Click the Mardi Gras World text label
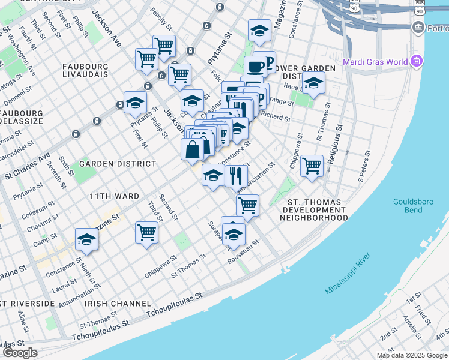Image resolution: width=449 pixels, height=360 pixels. point(375,62)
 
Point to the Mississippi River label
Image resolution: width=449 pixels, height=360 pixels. point(348,274)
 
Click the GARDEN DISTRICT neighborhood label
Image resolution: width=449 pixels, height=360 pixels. point(118,163)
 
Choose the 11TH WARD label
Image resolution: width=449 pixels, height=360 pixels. point(115,196)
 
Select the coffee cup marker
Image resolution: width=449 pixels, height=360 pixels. point(255,67)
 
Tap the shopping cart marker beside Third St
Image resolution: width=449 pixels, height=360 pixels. point(146,232)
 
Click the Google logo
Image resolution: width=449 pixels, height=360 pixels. point(20,353)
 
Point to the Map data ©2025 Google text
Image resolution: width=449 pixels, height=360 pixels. point(412,355)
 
